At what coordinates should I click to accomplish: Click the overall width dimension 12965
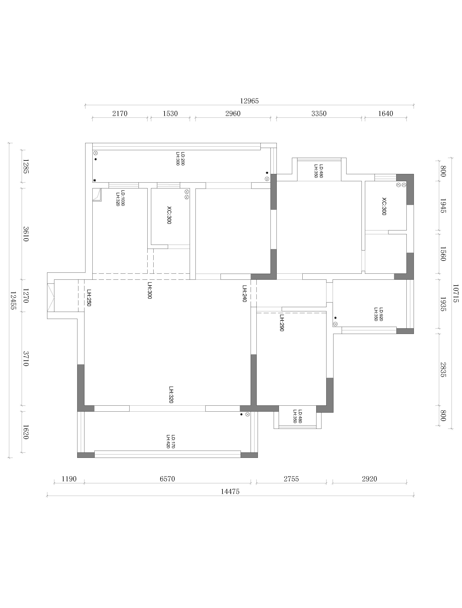pyautogui.click(x=249, y=101)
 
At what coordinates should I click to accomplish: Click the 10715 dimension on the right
pyautogui.click(x=455, y=293)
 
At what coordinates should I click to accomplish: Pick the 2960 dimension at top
pyautogui.click(x=233, y=114)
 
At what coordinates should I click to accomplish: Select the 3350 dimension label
pyautogui.click(x=319, y=114)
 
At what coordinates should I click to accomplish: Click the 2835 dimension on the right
pyautogui.click(x=443, y=370)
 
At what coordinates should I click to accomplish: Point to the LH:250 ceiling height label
pyautogui.click(x=89, y=297)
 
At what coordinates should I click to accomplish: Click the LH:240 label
pyautogui.click(x=244, y=293)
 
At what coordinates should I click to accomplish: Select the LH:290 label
pyautogui.click(x=282, y=323)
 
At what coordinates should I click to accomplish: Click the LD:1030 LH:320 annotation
pyautogui.click(x=120, y=198)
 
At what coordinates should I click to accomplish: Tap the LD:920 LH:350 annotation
pyautogui.click(x=378, y=314)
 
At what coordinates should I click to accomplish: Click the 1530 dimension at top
pyautogui.click(x=170, y=114)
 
